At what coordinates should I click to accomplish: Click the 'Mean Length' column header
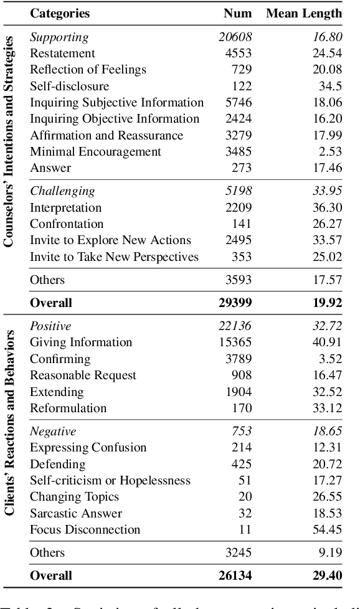click(304, 13)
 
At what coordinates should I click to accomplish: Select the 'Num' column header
click(239, 13)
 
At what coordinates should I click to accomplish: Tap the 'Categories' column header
click(60, 13)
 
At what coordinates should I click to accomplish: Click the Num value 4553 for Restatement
click(239, 54)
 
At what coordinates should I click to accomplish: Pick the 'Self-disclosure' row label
click(69, 86)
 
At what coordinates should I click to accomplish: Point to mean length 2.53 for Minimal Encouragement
click(329, 151)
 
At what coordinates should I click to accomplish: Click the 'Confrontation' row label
click(67, 224)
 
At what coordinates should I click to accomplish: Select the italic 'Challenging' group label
click(62, 191)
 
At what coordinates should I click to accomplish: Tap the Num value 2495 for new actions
click(239, 240)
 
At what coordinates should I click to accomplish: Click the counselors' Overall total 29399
click(235, 303)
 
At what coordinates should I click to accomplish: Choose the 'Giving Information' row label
click(81, 342)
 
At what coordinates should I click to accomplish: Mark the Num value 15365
click(235, 342)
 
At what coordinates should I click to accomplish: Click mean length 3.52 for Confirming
click(329, 359)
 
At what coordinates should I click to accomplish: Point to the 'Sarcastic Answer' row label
click(76, 514)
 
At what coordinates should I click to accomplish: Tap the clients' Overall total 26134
click(235, 576)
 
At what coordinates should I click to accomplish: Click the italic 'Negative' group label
click(53, 432)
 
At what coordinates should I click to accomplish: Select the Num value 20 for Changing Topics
click(245, 497)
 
